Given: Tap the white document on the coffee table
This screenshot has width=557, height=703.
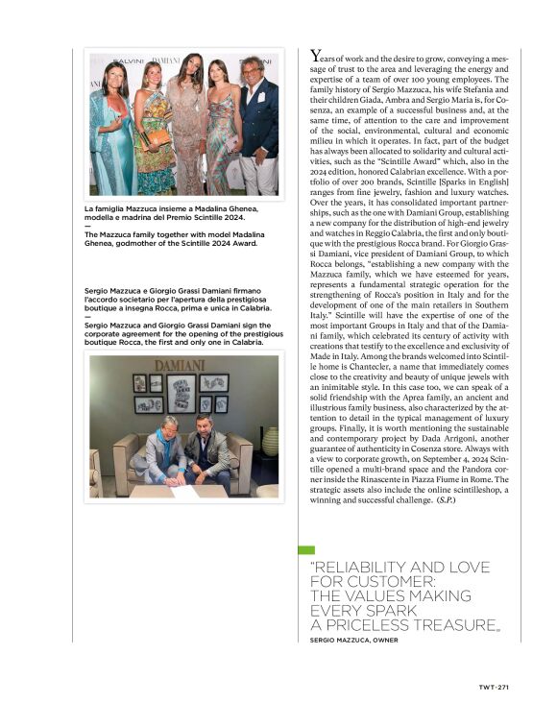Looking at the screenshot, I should click(192, 490).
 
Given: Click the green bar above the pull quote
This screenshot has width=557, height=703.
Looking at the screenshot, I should click(306, 550).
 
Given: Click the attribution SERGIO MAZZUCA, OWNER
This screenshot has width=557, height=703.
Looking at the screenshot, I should click(353, 640).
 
